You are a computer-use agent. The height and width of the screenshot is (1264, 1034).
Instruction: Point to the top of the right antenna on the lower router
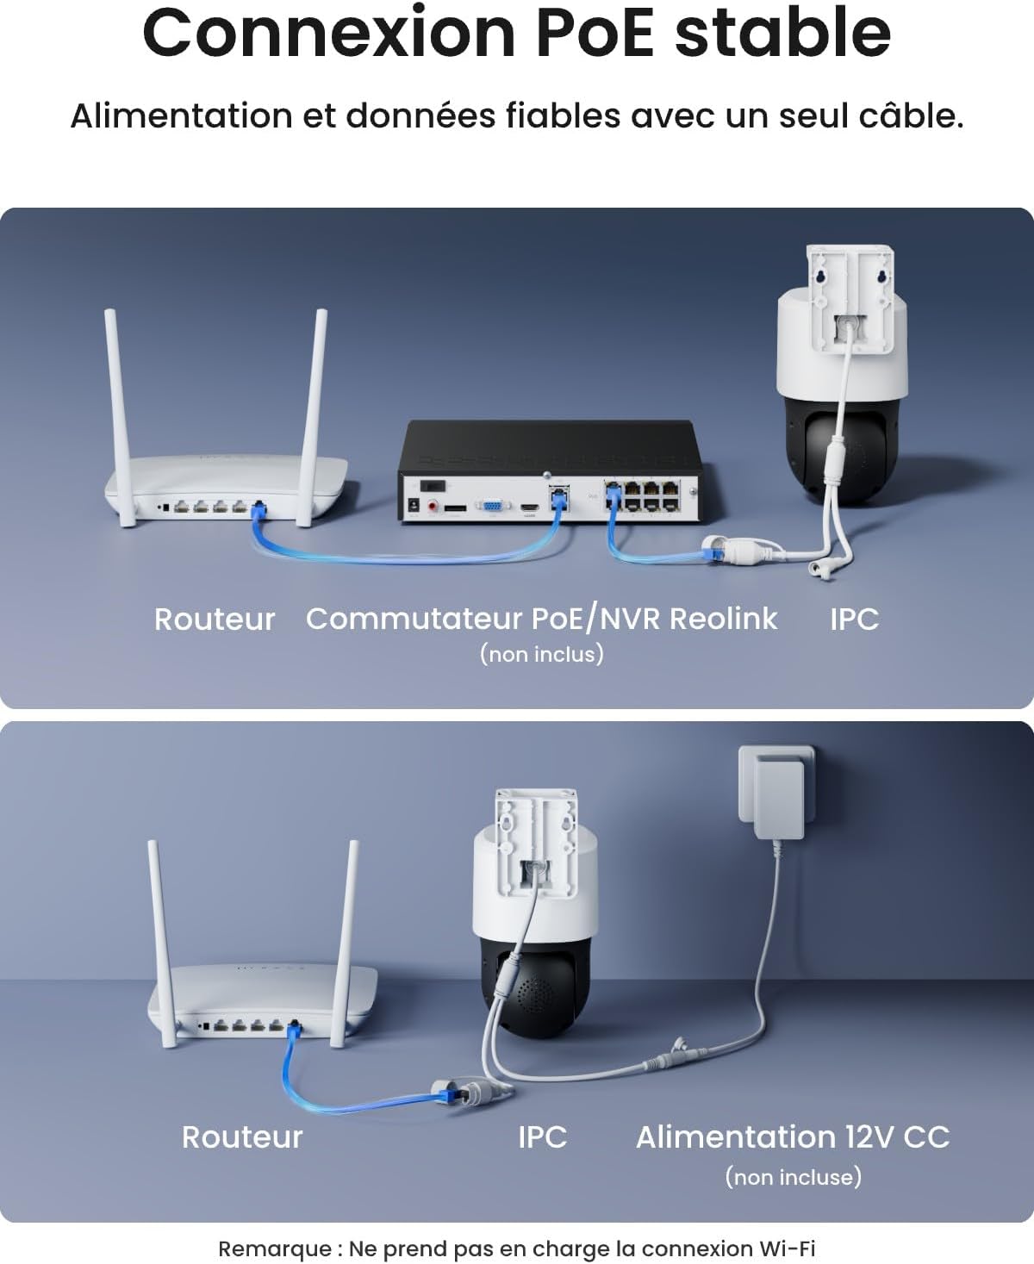tap(353, 843)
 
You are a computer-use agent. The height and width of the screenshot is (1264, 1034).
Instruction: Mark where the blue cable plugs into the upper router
tap(258, 508)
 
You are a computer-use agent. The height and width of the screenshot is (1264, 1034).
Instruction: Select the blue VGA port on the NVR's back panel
tap(493, 507)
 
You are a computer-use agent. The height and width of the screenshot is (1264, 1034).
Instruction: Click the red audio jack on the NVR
tap(433, 507)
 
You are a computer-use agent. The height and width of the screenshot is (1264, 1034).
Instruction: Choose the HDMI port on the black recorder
tap(529, 507)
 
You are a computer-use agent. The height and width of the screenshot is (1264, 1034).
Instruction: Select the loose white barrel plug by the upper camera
tap(820, 569)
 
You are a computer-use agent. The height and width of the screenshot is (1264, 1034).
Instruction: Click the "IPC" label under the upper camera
tap(854, 620)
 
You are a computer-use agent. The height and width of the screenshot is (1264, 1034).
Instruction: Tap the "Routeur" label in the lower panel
tap(242, 1137)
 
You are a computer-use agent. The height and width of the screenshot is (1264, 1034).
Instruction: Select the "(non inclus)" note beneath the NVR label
tap(542, 654)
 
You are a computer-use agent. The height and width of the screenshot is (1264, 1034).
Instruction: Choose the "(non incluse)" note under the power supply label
tap(793, 1177)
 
